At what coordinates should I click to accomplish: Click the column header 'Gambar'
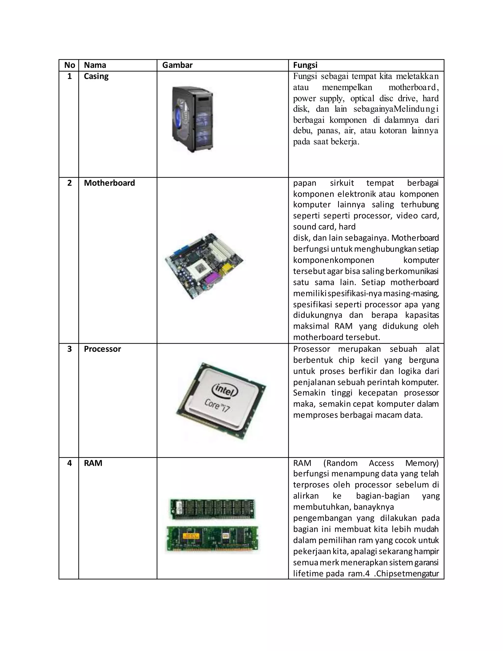pyautogui.click(x=177, y=65)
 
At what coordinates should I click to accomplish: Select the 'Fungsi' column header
pyautogui.click(x=305, y=65)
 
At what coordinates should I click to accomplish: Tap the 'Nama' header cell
pyautogui.click(x=95, y=65)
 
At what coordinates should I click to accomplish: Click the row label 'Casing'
pyautogui.click(x=96, y=76)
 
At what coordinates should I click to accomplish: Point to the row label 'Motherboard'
pyautogui.click(x=109, y=183)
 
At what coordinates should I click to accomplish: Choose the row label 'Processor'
pyautogui.click(x=102, y=349)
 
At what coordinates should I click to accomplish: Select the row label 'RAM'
pyautogui.click(x=93, y=463)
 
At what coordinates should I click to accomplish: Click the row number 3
pyautogui.click(x=70, y=349)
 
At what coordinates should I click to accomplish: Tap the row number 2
pyautogui.click(x=70, y=183)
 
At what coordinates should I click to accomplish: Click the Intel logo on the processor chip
pyautogui.click(x=225, y=391)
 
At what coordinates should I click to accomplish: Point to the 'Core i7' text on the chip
pyautogui.click(x=217, y=406)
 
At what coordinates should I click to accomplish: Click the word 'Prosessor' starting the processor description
pyautogui.click(x=311, y=349)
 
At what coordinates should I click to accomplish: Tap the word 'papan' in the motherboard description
pyautogui.click(x=305, y=183)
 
